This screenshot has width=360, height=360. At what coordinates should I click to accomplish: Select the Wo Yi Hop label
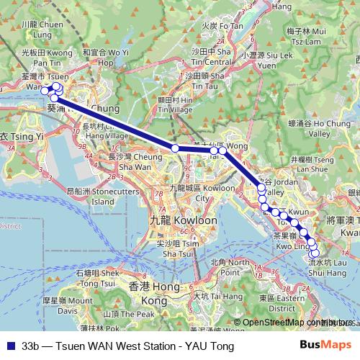tap(105, 57)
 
